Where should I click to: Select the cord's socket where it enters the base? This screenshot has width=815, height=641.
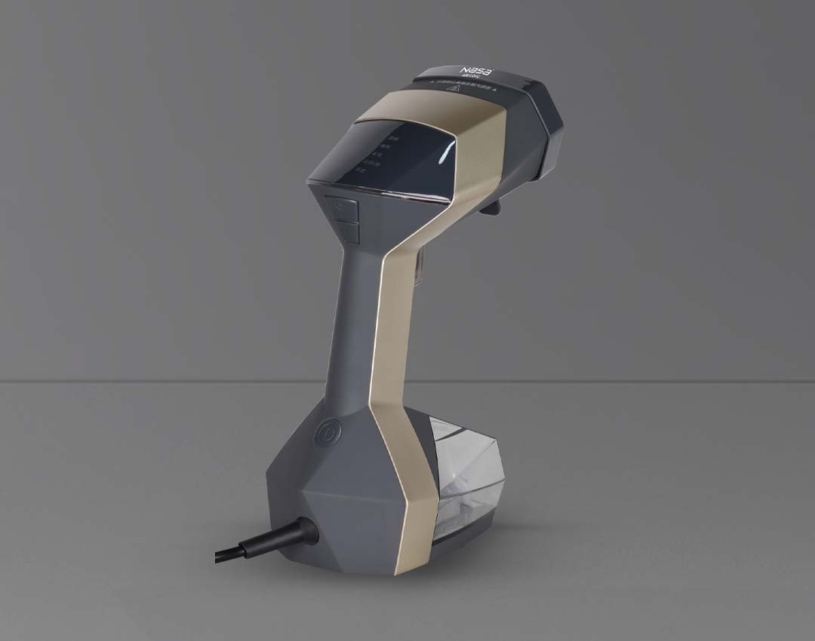pyautogui.click(x=306, y=530)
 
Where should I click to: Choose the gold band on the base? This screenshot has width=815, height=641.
pyautogui.click(x=411, y=490)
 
